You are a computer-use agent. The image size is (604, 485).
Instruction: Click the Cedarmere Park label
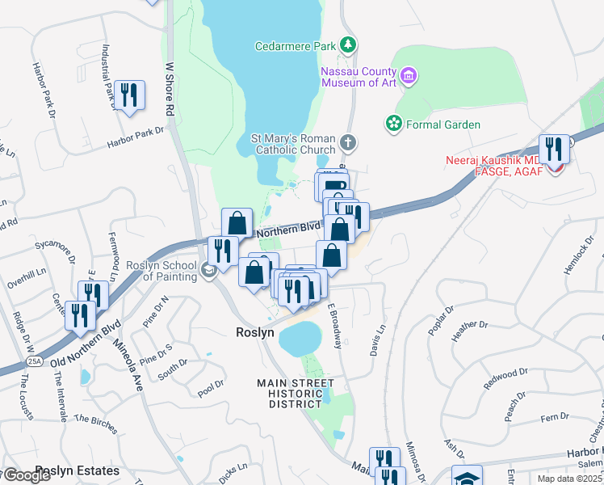[x=295, y=47]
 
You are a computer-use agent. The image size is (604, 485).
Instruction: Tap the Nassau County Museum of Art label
[x=360, y=76]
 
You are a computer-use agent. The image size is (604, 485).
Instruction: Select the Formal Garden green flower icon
[x=393, y=124]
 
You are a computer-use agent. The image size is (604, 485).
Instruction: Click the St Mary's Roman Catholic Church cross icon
[x=348, y=143]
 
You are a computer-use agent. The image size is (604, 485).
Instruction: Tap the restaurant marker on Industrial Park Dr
[x=129, y=95]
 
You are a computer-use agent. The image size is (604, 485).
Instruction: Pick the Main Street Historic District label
[x=295, y=393]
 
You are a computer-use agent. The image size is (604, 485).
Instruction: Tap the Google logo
[x=27, y=475]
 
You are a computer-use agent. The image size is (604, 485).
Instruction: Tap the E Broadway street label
[x=336, y=325]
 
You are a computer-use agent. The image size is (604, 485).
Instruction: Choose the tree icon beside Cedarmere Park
[x=348, y=44]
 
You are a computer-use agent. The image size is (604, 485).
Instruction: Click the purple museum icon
[x=409, y=76]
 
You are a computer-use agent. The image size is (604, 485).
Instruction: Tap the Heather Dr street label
[x=472, y=325]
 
